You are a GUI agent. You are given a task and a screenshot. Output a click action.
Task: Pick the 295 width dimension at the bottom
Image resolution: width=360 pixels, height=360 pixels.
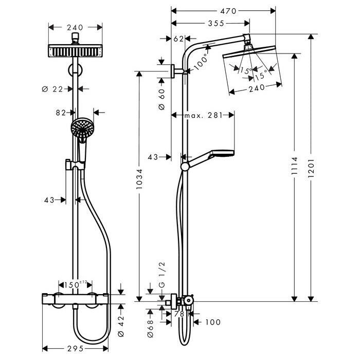click(x=75, y=349)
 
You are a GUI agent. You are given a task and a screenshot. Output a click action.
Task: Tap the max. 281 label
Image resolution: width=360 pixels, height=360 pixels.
click(x=203, y=116)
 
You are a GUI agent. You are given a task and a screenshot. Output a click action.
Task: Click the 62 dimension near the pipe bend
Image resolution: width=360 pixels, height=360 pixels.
click(x=178, y=39)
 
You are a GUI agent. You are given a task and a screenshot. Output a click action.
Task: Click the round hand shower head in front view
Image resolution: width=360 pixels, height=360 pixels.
click(x=82, y=128)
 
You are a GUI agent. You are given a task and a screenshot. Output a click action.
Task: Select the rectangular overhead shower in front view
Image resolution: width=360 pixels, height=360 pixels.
click(x=75, y=52)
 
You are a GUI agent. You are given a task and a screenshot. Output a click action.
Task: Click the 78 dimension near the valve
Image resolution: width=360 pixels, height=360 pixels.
click(x=179, y=314)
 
